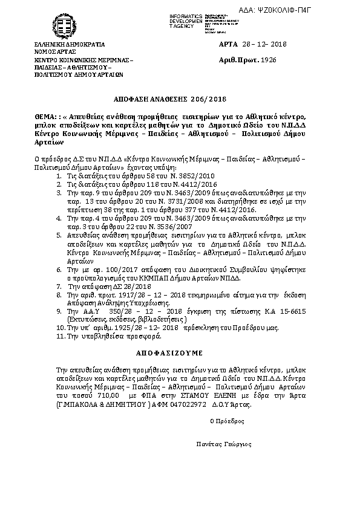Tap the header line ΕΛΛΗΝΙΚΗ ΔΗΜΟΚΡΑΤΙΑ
point(70,45)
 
